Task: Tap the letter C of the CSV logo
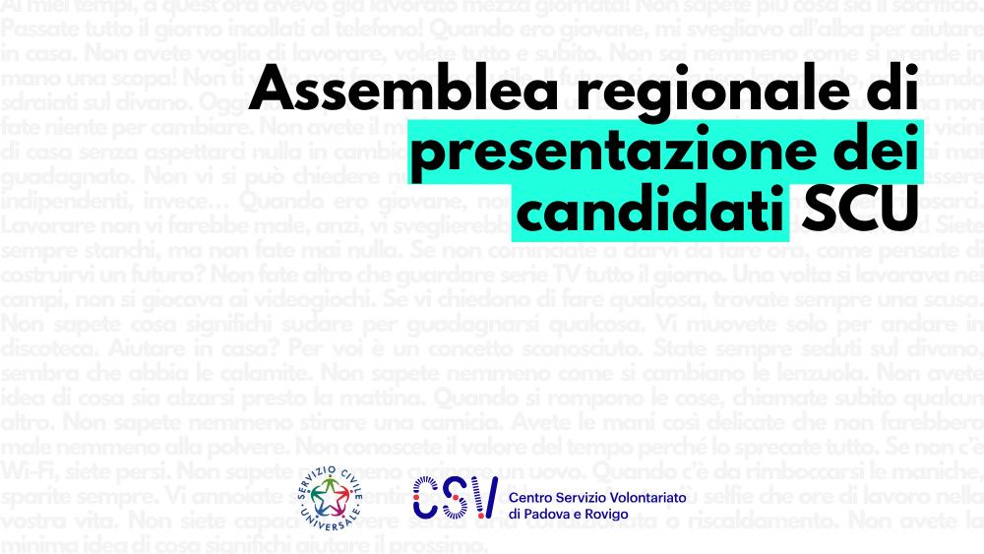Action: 426,498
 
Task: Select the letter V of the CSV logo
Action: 481,498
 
